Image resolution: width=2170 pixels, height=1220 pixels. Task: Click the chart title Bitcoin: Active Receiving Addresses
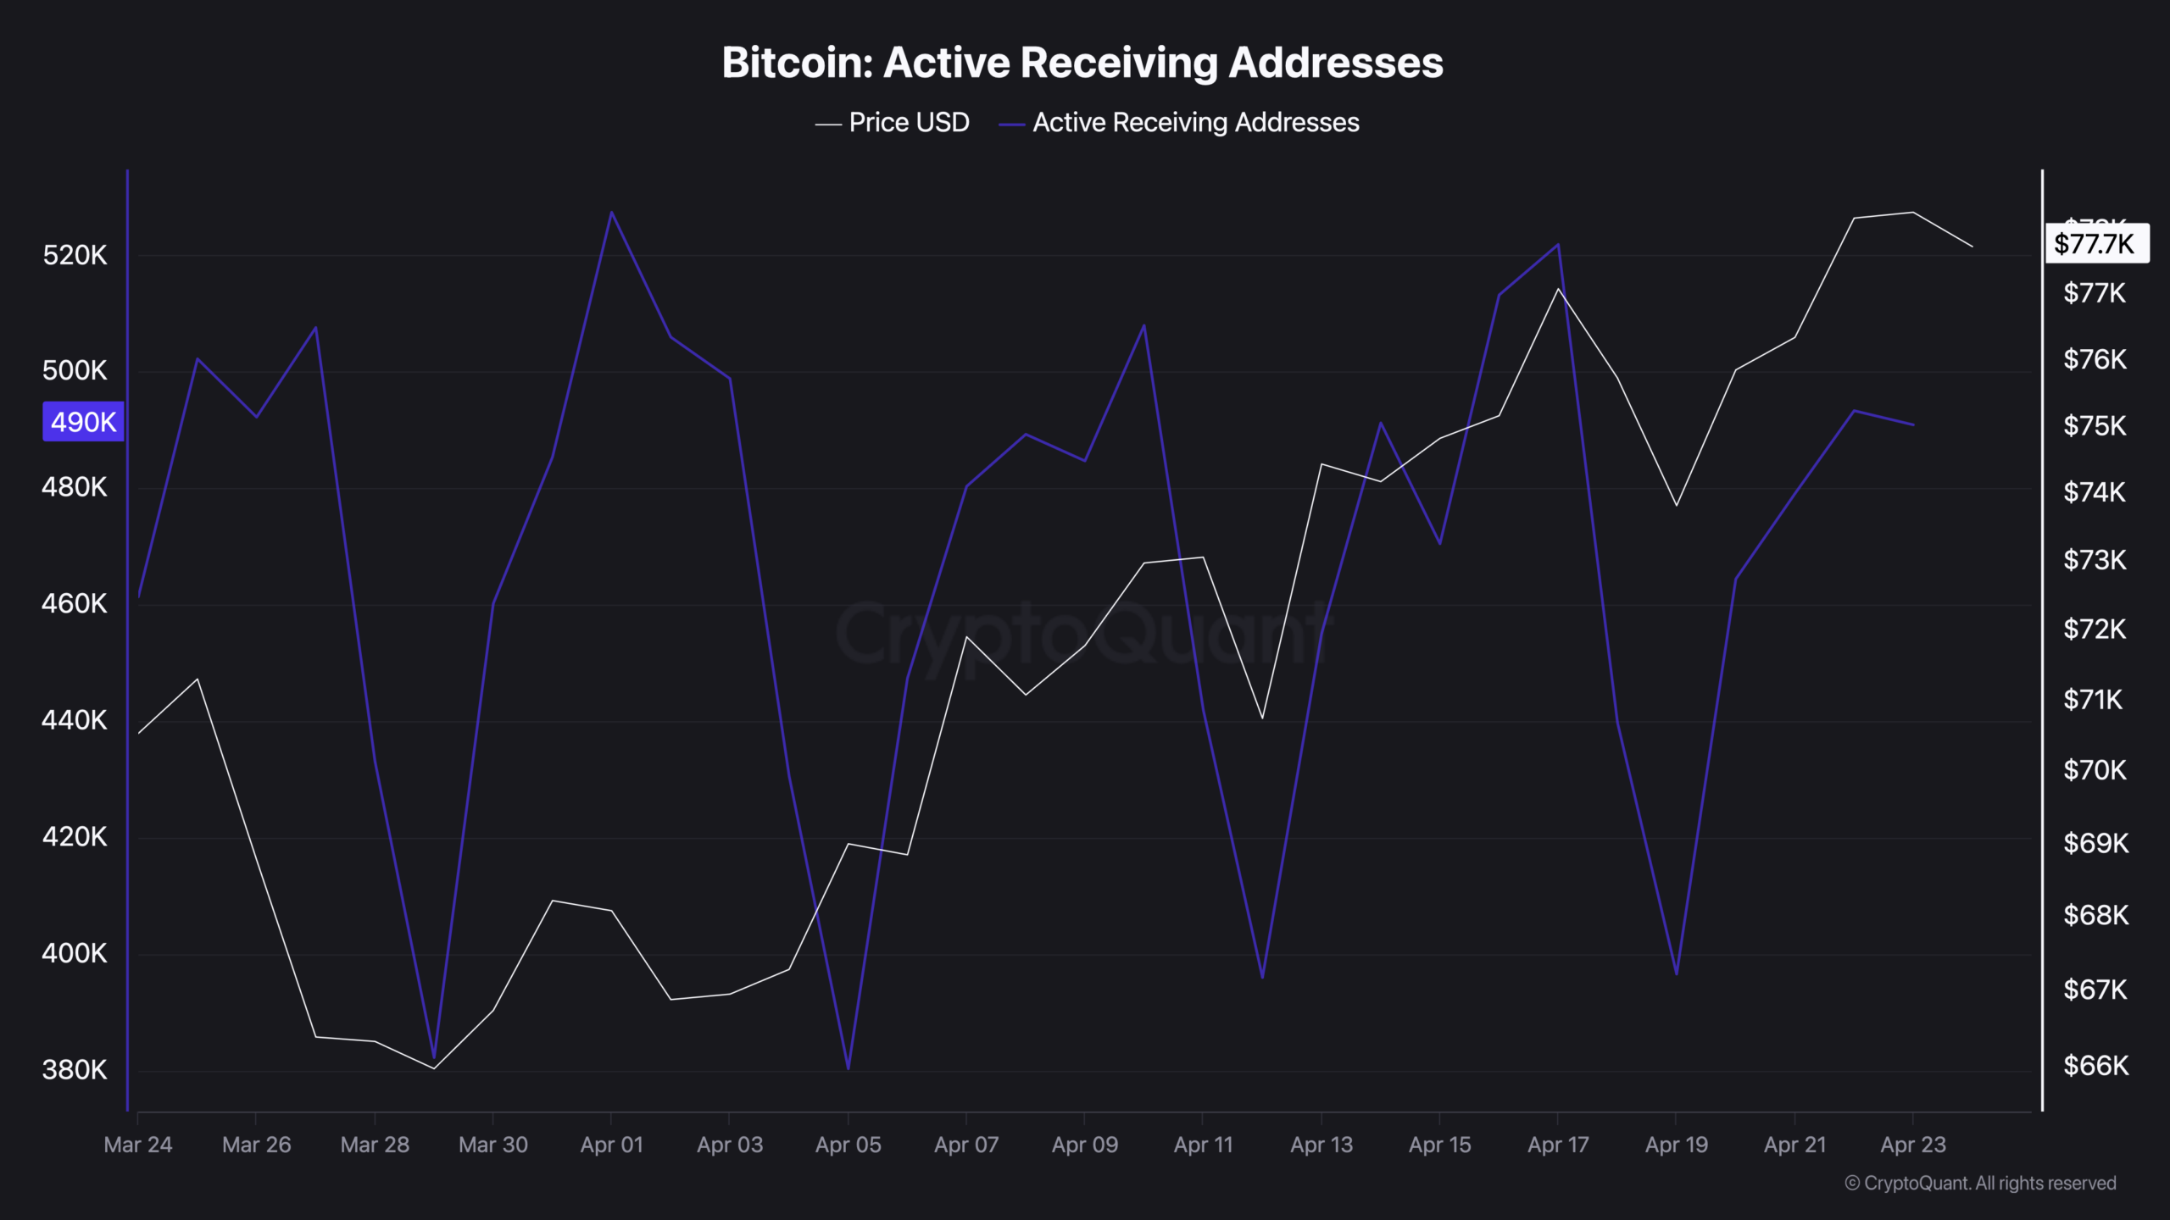[x=1082, y=63]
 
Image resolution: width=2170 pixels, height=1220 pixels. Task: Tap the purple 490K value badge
[x=83, y=422]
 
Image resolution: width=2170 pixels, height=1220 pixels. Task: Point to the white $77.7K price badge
[x=2096, y=244]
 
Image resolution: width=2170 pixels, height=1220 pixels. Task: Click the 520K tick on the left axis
[x=75, y=255]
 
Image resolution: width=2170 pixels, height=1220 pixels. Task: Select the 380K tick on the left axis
[x=75, y=1070]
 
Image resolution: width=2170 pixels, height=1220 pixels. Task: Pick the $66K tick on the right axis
[x=2095, y=1066]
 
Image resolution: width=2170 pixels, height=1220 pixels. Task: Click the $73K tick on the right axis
[x=2095, y=560]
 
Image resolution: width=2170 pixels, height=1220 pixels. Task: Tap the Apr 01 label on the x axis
[x=611, y=1145]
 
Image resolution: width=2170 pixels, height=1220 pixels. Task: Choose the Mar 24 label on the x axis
[x=138, y=1145]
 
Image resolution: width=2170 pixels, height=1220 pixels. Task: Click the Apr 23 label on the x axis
[x=1912, y=1145]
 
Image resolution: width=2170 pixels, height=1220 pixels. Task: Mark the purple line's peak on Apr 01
[x=611, y=212]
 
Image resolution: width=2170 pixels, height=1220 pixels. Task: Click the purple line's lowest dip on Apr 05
[x=848, y=1068]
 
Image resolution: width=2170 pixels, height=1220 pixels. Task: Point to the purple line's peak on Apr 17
[x=1558, y=245]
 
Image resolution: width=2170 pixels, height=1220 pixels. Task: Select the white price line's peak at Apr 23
[x=1912, y=213]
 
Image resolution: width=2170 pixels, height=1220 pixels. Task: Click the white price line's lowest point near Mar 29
[x=434, y=1068]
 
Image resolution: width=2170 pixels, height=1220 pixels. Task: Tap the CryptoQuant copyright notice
[x=1980, y=1184]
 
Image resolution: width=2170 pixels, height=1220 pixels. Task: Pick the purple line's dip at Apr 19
[x=1676, y=974]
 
